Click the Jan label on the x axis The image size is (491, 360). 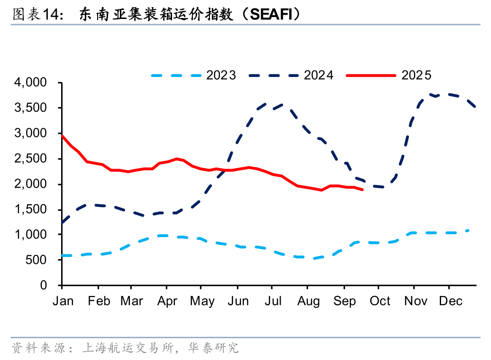(x=63, y=301)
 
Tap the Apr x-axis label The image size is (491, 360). (x=167, y=301)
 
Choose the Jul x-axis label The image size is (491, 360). (x=272, y=301)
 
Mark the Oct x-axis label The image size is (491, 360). (x=380, y=301)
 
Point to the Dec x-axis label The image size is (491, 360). (x=450, y=301)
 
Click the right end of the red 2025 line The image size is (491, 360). (x=363, y=190)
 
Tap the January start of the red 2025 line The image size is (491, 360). (x=62, y=136)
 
